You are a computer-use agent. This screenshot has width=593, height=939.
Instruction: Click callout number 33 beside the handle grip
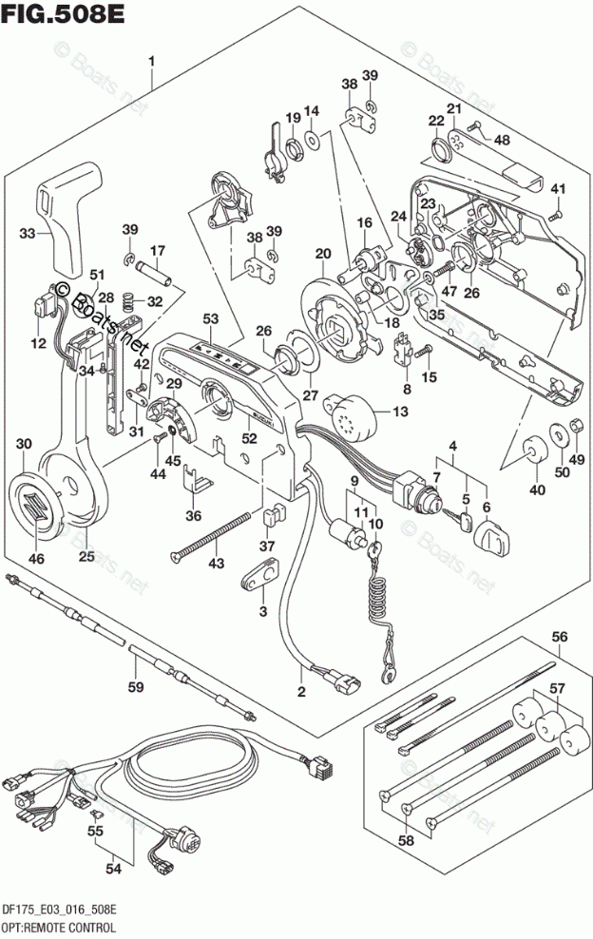pyautogui.click(x=29, y=232)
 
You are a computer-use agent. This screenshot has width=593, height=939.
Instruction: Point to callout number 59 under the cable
pyautogui.click(x=136, y=686)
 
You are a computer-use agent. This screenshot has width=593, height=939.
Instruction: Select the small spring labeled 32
pyautogui.click(x=125, y=303)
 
